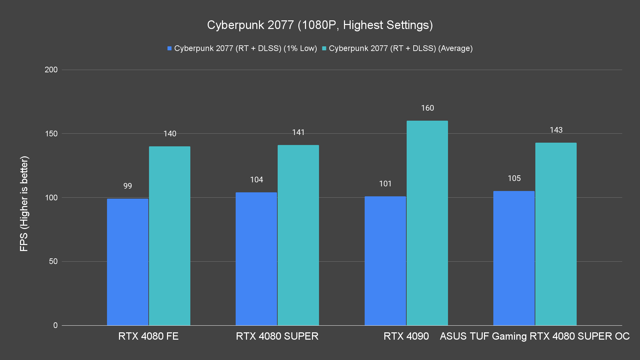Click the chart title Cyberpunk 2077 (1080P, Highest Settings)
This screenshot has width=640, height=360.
[x=320, y=25]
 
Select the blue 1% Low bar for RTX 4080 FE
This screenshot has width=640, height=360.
[x=128, y=262]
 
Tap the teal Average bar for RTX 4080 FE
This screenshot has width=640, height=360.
[x=170, y=236]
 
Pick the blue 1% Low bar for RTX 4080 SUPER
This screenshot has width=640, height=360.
[x=256, y=259]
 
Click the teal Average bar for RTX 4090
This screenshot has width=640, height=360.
[x=427, y=223]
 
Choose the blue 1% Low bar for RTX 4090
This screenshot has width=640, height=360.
[x=385, y=261]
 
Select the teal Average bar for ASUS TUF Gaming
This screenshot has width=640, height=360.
[x=556, y=234]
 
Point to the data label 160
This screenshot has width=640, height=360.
[x=427, y=108]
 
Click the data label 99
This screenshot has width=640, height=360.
[x=128, y=186]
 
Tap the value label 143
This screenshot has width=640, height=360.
[x=556, y=130]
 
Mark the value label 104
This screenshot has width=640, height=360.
[x=256, y=180]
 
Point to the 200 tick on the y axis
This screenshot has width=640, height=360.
[x=51, y=70]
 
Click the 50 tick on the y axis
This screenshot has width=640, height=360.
[x=53, y=261]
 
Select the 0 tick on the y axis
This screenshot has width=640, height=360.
[x=55, y=325]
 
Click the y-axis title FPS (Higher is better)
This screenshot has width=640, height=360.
[x=24, y=203]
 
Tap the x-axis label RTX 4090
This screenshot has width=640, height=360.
[x=406, y=336]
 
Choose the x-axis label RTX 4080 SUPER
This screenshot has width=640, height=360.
[x=277, y=336]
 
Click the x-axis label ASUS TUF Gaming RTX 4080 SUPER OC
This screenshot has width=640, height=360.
[x=535, y=336]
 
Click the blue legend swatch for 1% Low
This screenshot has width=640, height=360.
[x=170, y=48]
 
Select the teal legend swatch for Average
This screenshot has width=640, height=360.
[x=324, y=48]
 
